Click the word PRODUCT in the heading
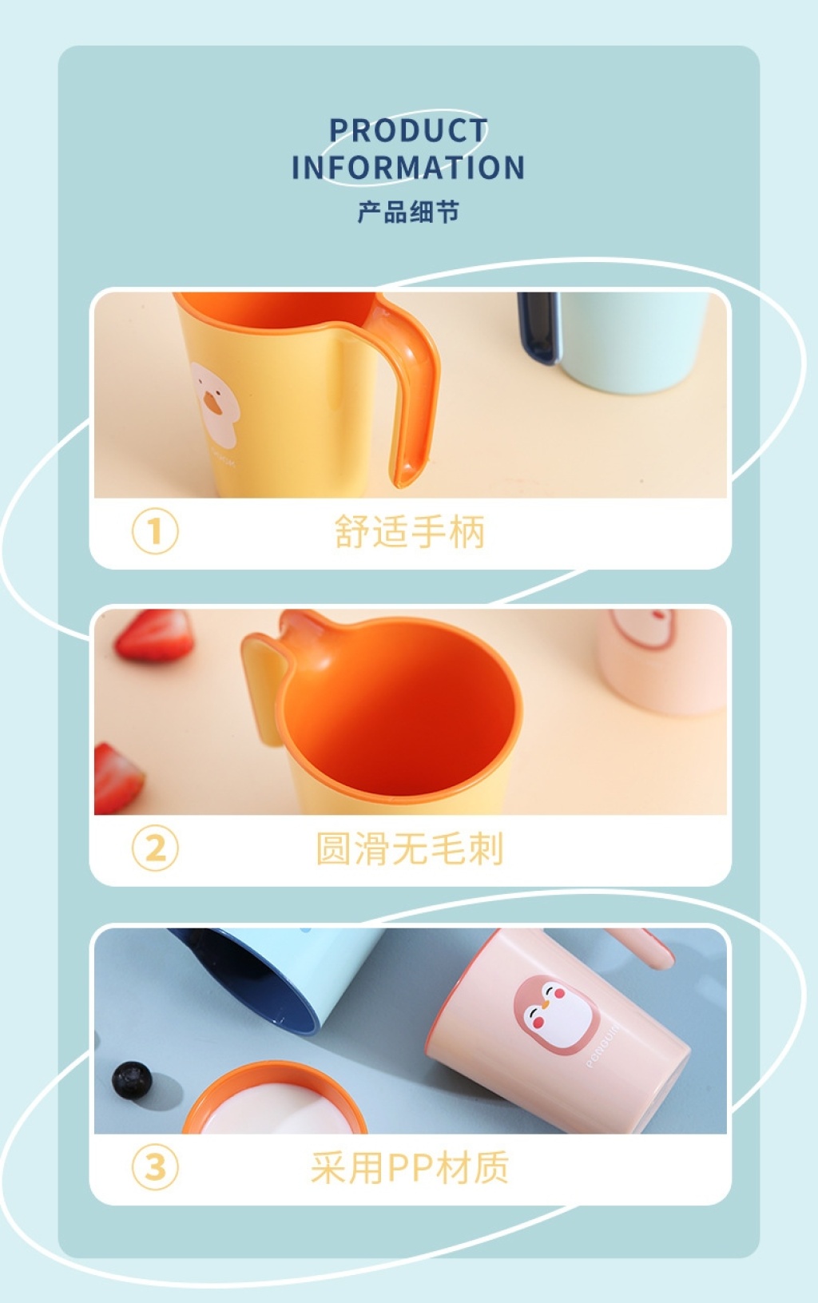pyautogui.click(x=408, y=130)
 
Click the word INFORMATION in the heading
pyautogui.click(x=408, y=168)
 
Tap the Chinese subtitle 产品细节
pyautogui.click(x=408, y=212)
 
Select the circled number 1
pyautogui.click(x=155, y=530)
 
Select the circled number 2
pyautogui.click(x=155, y=848)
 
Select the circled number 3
pyautogui.click(x=155, y=1166)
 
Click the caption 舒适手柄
pyautogui.click(x=410, y=531)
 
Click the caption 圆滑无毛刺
pyautogui.click(x=410, y=848)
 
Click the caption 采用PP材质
pyautogui.click(x=410, y=1167)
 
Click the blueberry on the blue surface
pyautogui.click(x=132, y=1080)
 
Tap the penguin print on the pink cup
pyautogui.click(x=556, y=1015)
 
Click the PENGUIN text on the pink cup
pyautogui.click(x=603, y=1045)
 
